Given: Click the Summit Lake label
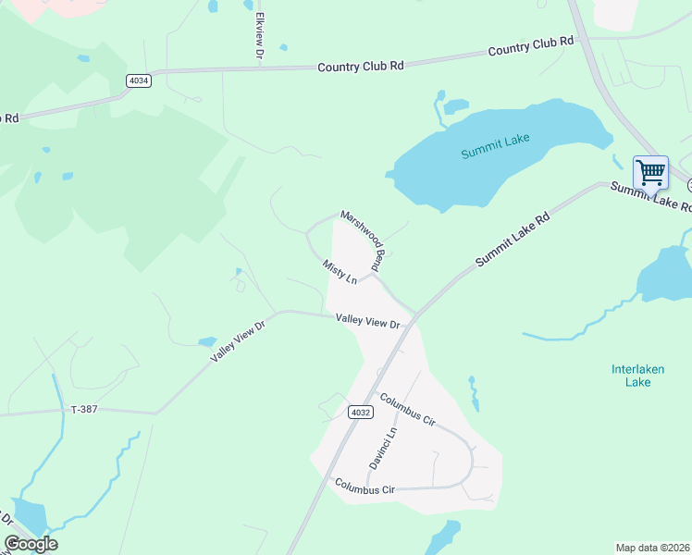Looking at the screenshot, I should [496, 145].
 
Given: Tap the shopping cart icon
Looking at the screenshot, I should [650, 172].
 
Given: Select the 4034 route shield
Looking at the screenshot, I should [140, 80].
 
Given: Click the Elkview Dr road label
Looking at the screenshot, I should [260, 38].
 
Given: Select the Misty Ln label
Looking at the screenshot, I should [340, 272].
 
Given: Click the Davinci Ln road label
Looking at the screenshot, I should [391, 446].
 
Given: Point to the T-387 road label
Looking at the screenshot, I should [83, 408].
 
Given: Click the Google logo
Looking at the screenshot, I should [30, 544].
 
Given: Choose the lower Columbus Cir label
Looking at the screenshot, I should [365, 486].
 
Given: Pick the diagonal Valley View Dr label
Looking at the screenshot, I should [238, 343].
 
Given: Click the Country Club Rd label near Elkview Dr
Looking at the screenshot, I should [361, 67].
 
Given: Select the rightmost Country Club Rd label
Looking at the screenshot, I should [531, 46].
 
